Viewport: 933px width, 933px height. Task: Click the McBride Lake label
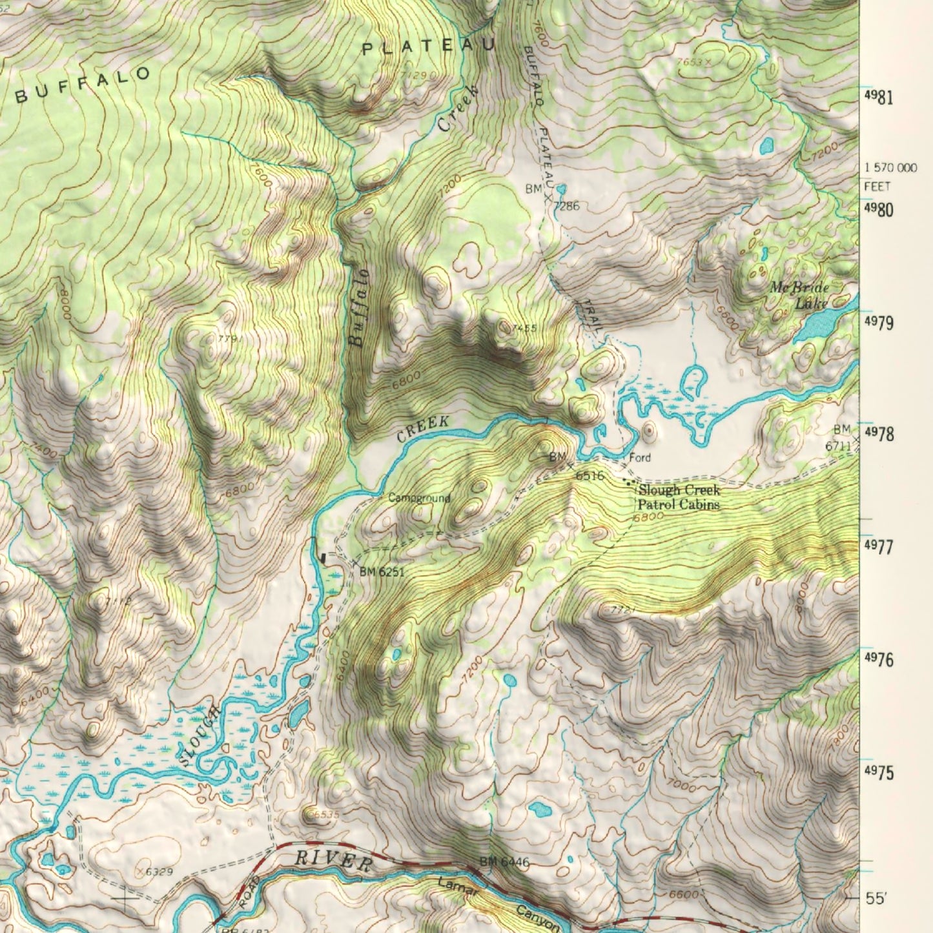[x=799, y=294]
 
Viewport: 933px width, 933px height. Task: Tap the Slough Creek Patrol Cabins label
[x=678, y=498]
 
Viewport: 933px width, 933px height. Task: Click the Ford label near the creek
[x=640, y=458]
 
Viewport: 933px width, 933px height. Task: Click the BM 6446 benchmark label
[x=504, y=862]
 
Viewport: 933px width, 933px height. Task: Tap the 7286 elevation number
[x=567, y=207]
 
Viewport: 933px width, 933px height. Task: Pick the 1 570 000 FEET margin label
[x=890, y=176]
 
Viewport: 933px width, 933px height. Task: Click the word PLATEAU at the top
[x=427, y=46]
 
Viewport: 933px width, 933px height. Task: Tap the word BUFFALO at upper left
[x=83, y=85]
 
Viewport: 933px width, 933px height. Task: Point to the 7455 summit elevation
[x=524, y=329]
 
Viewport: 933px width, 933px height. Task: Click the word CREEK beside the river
[x=422, y=429]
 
